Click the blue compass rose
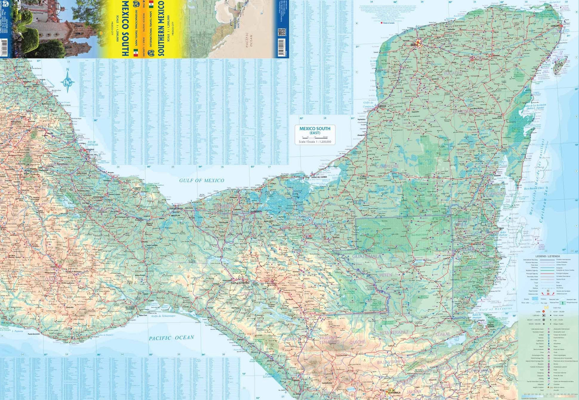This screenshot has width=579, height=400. pyautogui.click(x=68, y=81)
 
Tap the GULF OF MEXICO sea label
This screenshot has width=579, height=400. pyautogui.click(x=201, y=180)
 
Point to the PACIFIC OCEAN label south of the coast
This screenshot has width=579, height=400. pyautogui.click(x=171, y=338)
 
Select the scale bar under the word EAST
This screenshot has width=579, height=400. pyautogui.click(x=315, y=137)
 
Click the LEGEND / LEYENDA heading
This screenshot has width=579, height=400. pyautogui.click(x=547, y=256)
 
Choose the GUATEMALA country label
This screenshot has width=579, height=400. pyautogui.click(x=366, y=256)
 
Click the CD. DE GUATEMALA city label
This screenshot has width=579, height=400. pyautogui.click(x=391, y=391)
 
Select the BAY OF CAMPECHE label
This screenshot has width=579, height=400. pyautogui.click(x=93, y=144)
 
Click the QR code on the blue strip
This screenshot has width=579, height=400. pyautogui.click(x=281, y=32)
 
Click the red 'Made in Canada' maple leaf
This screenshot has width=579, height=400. pyautogui.click(x=382, y=23)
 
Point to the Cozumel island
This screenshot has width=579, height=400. pyautogui.click(x=559, y=66)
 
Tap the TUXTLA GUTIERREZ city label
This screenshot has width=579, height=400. pyautogui.click(x=240, y=283)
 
